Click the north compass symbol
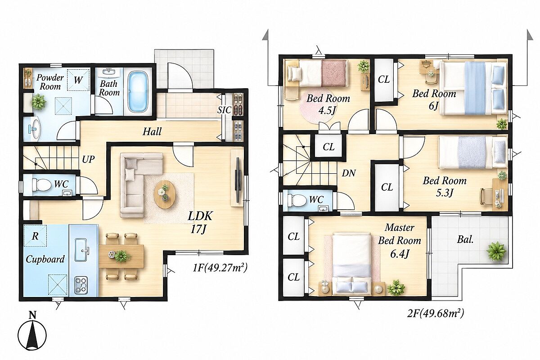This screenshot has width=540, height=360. [32, 334]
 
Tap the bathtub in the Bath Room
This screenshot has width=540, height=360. [138, 92]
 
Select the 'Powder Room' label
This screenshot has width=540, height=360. [50, 82]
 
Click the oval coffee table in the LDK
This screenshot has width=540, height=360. [165, 194]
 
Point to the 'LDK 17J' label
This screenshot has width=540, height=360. [200, 223]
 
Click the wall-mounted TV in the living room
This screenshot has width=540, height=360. [238, 180]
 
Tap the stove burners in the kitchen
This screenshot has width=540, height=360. [81, 285]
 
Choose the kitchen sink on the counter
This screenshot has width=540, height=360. [81, 250]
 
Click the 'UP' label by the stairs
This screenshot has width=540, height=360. [88, 159]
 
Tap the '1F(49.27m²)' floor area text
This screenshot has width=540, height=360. [220, 268]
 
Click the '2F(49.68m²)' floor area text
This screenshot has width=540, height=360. [436, 314]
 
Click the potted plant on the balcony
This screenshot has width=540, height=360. [496, 251]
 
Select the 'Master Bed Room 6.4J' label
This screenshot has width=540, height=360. [399, 240]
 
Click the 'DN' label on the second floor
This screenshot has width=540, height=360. [349, 173]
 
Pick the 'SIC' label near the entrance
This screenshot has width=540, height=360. [224, 110]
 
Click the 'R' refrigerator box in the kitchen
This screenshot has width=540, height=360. [35, 236]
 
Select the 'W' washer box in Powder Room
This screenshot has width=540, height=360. [78, 80]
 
